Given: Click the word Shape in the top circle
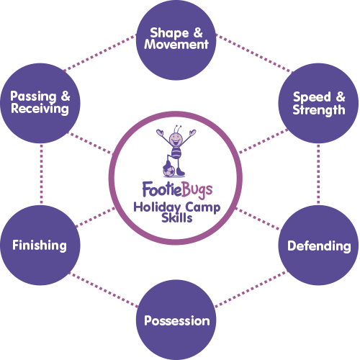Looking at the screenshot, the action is [169, 33].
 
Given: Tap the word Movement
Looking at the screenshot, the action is [176, 45].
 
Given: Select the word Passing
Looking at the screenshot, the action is [33, 96].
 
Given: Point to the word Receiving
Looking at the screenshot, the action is [40, 109].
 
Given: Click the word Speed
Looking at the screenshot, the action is [312, 98].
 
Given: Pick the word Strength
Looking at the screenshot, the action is [319, 110].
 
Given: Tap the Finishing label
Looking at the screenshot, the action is [40, 246].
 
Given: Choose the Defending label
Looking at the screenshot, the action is [319, 246].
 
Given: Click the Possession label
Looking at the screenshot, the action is [177, 321].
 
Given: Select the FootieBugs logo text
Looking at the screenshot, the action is [177, 190].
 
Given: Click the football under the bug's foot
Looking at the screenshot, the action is [169, 171].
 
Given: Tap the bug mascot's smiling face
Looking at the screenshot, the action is [176, 139].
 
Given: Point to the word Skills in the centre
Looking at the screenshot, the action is [177, 218].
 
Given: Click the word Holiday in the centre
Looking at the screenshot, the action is [157, 207].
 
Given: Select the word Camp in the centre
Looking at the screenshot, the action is [203, 208].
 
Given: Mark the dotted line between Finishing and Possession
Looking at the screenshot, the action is [104, 289].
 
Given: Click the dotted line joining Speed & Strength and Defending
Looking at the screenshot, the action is [318, 174].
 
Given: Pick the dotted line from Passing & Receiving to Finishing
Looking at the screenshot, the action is [42, 174].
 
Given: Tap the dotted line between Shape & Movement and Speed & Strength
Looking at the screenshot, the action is [254, 53].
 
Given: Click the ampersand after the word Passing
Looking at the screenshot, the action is [66, 96].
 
